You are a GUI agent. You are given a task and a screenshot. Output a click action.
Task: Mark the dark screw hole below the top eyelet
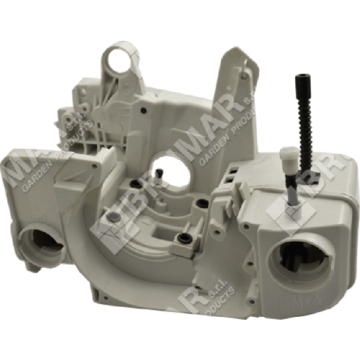click(144, 110)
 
